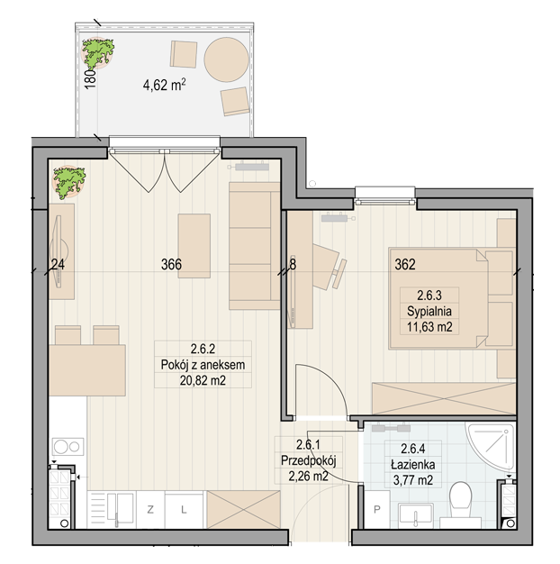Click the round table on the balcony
coord(226,59)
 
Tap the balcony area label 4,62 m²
coord(164,86)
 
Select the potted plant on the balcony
coord(98,53)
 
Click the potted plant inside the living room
coord(69,181)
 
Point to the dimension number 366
coord(171,265)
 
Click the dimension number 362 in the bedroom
coord(405,265)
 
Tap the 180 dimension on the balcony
coord(91,78)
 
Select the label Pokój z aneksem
coord(203,365)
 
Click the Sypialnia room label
coord(429,311)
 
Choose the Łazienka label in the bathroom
coord(413,464)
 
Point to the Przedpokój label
coord(309,460)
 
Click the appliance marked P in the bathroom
coord(377,509)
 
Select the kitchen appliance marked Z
coord(150,510)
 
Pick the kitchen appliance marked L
coord(184,510)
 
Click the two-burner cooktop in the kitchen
coord(68,447)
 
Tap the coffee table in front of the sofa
coord(194,246)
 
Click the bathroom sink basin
coord(416,515)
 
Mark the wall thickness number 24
coord(58,265)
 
